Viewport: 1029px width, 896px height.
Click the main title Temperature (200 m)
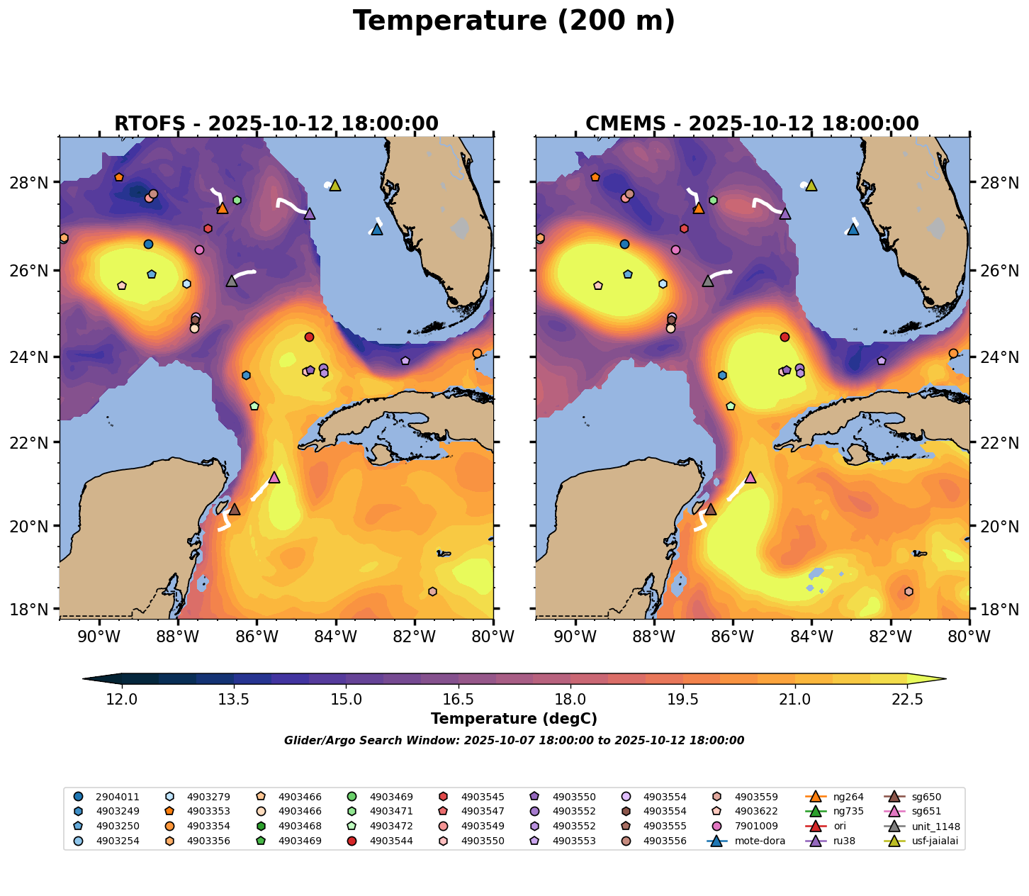[514, 21]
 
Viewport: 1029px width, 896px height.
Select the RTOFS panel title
[276, 124]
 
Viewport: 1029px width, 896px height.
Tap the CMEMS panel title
[752, 124]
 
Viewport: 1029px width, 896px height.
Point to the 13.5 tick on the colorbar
[233, 700]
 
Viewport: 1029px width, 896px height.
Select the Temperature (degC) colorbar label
[514, 719]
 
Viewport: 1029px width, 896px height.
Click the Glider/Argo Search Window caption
[514, 741]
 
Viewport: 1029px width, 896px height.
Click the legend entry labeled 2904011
[113, 797]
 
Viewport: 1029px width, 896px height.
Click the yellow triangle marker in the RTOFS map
[335, 186]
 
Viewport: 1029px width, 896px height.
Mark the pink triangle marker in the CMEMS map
[750, 478]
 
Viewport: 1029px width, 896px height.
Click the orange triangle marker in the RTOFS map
[223, 208]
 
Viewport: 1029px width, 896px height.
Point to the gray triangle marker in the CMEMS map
[708, 281]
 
